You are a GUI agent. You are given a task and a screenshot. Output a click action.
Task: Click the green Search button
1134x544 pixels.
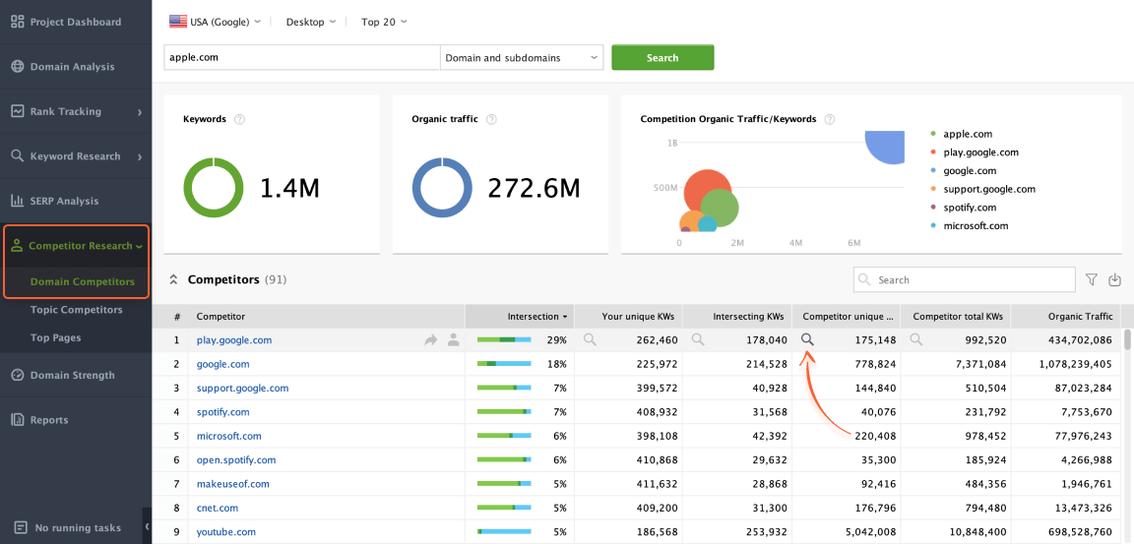click(662, 58)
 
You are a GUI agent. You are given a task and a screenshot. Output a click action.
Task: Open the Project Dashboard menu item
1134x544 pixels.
click(75, 22)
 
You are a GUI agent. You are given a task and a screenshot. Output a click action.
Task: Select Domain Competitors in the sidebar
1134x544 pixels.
click(82, 282)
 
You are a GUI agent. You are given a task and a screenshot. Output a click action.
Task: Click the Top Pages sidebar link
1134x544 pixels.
click(55, 337)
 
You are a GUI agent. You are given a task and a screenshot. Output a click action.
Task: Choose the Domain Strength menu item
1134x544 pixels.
click(72, 375)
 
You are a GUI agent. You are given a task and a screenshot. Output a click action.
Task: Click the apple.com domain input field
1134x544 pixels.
click(300, 58)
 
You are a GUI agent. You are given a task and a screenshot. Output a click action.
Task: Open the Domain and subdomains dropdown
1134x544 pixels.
click(522, 58)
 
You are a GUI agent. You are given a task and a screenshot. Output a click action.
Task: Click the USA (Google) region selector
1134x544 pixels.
click(215, 22)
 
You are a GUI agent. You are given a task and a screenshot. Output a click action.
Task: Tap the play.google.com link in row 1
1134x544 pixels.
click(233, 340)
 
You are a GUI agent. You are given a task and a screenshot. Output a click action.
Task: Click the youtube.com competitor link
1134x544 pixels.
click(225, 532)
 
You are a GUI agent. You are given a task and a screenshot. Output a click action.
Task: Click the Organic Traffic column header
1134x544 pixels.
click(1080, 317)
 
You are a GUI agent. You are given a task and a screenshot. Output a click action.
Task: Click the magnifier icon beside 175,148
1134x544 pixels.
click(807, 339)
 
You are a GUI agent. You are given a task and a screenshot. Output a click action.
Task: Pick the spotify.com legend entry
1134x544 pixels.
click(969, 208)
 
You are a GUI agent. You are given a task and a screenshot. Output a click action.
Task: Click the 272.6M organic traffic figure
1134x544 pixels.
click(533, 188)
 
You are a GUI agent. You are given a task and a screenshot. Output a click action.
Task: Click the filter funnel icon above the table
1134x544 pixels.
click(1091, 280)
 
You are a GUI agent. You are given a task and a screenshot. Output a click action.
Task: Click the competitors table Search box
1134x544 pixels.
click(964, 280)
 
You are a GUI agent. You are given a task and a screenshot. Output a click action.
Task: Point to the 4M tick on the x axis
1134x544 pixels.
click(795, 242)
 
